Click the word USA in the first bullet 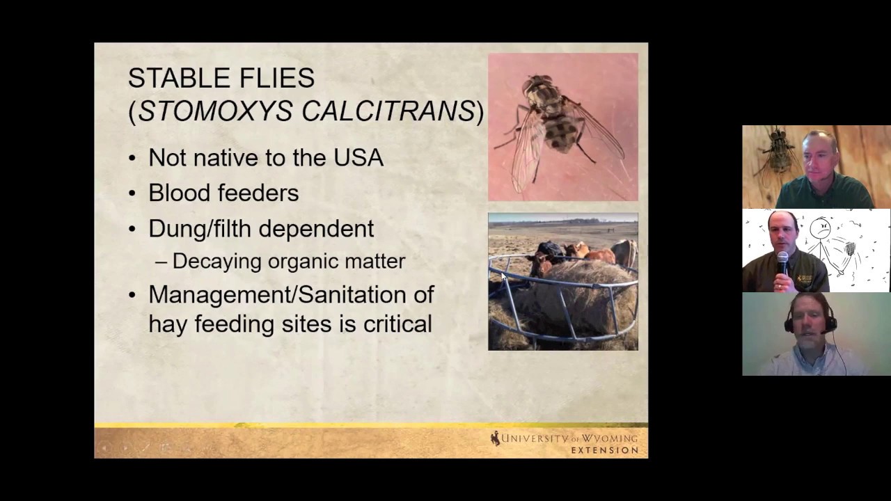click(358, 157)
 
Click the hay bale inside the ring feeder click(571, 299)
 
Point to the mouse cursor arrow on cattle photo click(503, 277)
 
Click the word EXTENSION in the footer click(604, 450)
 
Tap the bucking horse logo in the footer click(495, 438)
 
